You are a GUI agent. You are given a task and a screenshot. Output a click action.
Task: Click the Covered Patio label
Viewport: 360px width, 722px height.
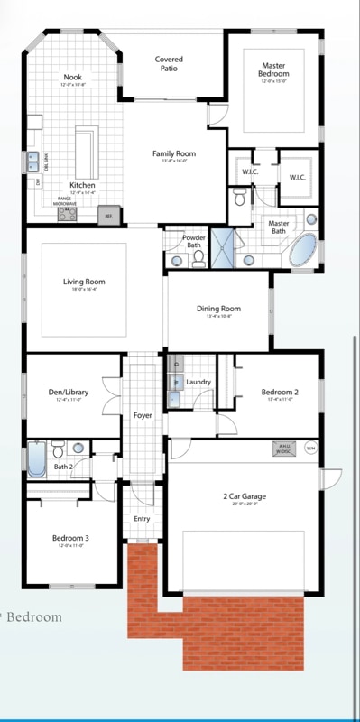tap(169, 63)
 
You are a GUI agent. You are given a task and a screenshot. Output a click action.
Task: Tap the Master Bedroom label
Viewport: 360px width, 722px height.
tap(273, 70)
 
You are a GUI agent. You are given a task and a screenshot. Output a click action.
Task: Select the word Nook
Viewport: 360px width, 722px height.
tap(72, 78)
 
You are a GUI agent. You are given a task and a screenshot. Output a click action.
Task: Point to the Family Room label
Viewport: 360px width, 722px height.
tap(173, 154)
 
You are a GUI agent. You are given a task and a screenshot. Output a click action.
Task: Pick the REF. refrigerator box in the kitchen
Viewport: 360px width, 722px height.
tap(109, 216)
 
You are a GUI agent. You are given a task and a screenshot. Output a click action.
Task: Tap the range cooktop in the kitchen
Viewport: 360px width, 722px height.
tap(66, 213)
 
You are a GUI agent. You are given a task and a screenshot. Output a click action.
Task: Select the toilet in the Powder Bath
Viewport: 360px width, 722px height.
tap(199, 258)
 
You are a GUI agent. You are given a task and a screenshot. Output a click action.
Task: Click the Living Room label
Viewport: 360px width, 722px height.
tap(84, 282)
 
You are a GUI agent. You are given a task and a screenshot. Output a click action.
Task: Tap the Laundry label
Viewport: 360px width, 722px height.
tap(198, 382)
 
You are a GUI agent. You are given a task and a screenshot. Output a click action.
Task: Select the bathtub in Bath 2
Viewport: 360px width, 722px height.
tap(36, 459)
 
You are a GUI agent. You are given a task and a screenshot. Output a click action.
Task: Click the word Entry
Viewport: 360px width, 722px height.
tap(143, 519)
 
